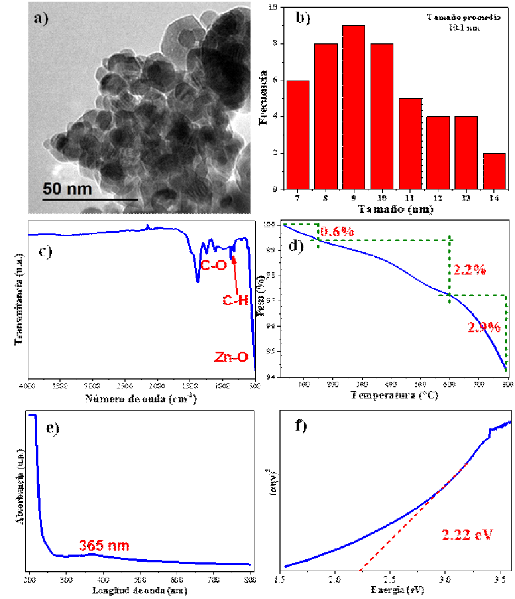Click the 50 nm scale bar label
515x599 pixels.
68,188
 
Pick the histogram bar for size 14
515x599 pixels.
493,171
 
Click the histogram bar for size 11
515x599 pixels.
409,143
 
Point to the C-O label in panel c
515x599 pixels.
214,266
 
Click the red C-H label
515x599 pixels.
235,301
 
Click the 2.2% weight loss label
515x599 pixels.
470,271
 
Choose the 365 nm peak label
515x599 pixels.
104,546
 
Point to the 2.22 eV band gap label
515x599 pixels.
468,535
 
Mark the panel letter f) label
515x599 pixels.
300,427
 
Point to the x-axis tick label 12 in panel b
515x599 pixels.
438,198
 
